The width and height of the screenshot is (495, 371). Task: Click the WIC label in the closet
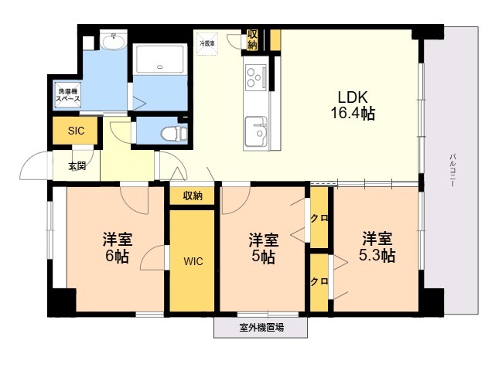[x=193, y=261]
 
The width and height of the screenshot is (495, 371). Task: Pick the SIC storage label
[x=76, y=131]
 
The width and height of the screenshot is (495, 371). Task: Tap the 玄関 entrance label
[x=77, y=165]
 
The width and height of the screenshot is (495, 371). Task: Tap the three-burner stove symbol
[x=255, y=76]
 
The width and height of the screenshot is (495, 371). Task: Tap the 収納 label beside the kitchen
[x=253, y=39]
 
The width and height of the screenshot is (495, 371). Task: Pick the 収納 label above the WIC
[x=193, y=196]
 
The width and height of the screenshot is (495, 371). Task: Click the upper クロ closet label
[x=319, y=218]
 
